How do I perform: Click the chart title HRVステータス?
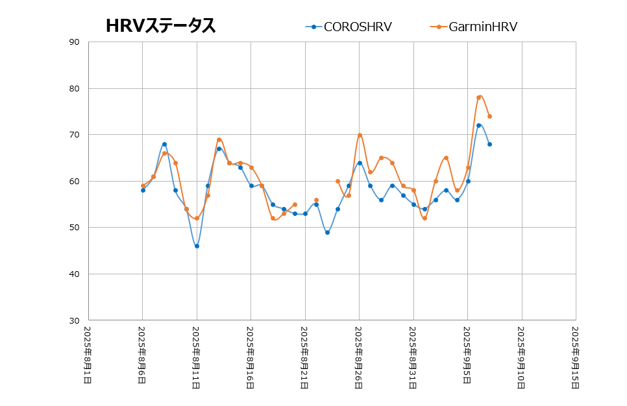coord(160,26)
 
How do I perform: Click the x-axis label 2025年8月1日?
coord(88,356)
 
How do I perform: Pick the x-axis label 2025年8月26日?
coord(358,356)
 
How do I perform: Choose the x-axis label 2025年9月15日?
coord(575,356)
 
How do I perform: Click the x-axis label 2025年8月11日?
coord(196,356)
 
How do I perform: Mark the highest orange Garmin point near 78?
coord(479,97)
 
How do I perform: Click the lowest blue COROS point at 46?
coord(197,246)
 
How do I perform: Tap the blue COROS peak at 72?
coord(478,125)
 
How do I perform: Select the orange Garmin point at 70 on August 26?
coord(360,135)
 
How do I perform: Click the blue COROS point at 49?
coord(327,232)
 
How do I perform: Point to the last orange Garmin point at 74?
coord(489,116)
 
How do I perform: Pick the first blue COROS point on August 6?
coord(143,190)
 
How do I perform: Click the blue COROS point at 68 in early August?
coord(164,144)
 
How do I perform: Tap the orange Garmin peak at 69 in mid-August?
coord(219,139)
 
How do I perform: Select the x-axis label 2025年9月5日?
coord(467,356)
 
